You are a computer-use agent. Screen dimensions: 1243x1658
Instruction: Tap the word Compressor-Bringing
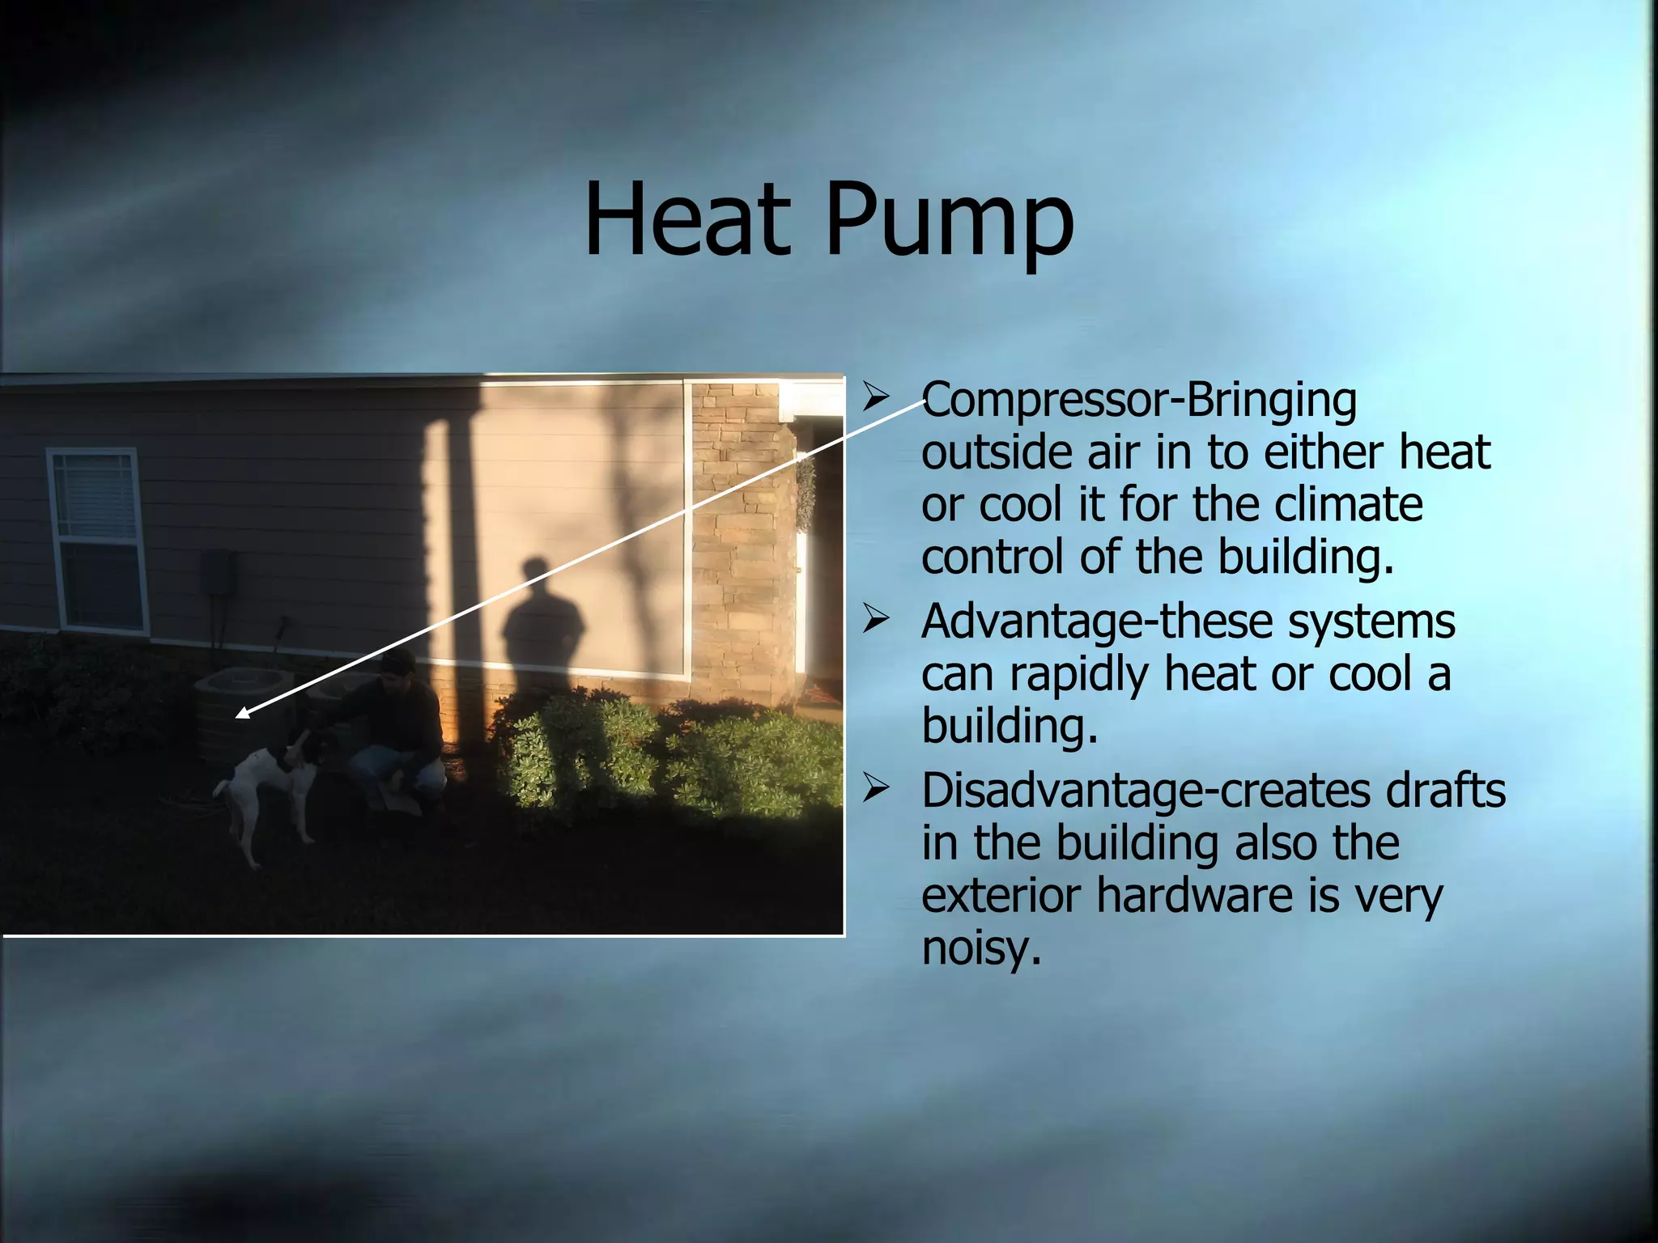(1138, 400)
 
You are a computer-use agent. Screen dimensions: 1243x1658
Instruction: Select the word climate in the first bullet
(1348, 504)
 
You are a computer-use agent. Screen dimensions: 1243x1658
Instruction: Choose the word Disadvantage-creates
(1145, 791)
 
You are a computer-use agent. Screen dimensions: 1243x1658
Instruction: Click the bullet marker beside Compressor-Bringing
(876, 397)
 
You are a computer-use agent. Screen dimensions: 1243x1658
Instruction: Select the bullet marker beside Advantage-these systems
(876, 619)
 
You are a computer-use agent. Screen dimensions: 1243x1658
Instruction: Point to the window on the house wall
(98, 541)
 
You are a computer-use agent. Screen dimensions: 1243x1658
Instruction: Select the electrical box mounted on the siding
(219, 571)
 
